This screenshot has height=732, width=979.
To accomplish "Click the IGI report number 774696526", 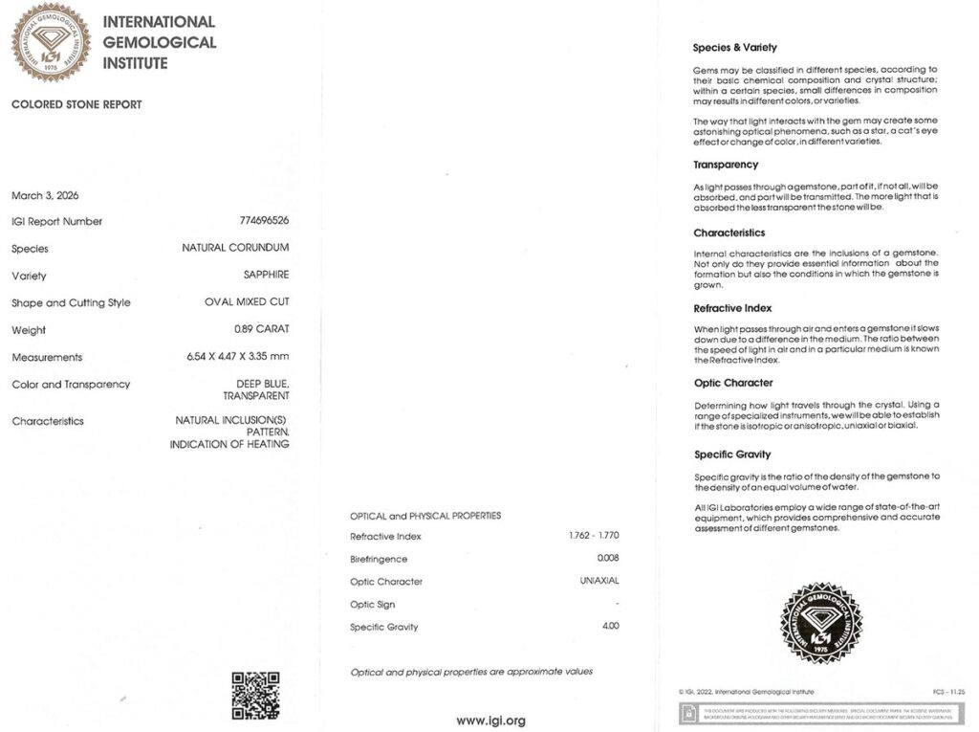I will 264,221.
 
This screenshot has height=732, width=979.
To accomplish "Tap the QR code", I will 255,695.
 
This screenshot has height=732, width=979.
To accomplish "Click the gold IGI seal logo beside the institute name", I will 51,42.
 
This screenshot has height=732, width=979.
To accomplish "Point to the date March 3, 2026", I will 45,195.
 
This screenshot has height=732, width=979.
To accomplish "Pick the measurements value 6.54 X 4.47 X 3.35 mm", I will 238,357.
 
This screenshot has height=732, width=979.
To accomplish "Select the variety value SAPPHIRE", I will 266,275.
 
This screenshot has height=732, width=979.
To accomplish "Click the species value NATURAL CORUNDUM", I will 235,248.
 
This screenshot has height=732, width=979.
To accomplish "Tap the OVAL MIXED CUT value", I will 247,302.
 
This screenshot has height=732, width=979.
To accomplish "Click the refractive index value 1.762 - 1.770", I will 594,536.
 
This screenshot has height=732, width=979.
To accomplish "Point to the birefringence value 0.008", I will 608,559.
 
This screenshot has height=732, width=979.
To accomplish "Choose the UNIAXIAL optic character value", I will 599,582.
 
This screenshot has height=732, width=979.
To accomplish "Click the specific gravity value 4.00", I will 610,627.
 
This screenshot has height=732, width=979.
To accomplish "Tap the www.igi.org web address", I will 490,721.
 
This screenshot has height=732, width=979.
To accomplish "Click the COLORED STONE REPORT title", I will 76,104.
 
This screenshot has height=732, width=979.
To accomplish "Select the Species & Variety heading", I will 734,48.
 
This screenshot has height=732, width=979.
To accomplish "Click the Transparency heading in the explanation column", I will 726,165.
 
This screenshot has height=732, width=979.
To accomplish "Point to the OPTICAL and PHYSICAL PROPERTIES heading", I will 425,516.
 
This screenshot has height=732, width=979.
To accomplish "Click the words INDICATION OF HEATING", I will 229,445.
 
